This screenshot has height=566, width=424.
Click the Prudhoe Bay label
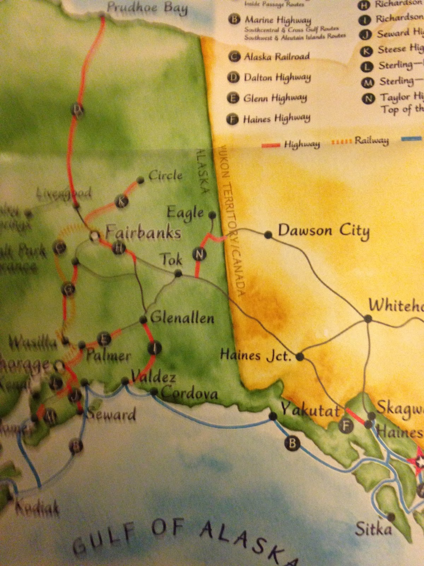click(x=147, y=7)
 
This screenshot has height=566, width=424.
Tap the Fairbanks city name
click(x=143, y=233)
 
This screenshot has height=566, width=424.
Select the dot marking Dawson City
click(x=268, y=235)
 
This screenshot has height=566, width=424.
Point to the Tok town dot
click(x=178, y=273)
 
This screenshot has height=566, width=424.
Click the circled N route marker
click(x=199, y=254)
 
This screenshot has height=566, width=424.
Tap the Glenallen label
click(x=182, y=317)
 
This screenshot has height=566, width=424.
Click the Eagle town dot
click(x=212, y=215)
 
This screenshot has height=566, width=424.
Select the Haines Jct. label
click(x=256, y=355)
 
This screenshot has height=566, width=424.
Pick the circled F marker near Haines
click(x=346, y=426)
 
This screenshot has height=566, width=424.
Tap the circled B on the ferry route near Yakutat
click(x=292, y=443)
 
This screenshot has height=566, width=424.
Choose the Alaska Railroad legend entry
click(x=277, y=56)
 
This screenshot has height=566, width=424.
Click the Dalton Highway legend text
click(x=277, y=68)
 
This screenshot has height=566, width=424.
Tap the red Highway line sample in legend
click(x=271, y=145)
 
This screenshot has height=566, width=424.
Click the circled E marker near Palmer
click(x=104, y=340)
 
